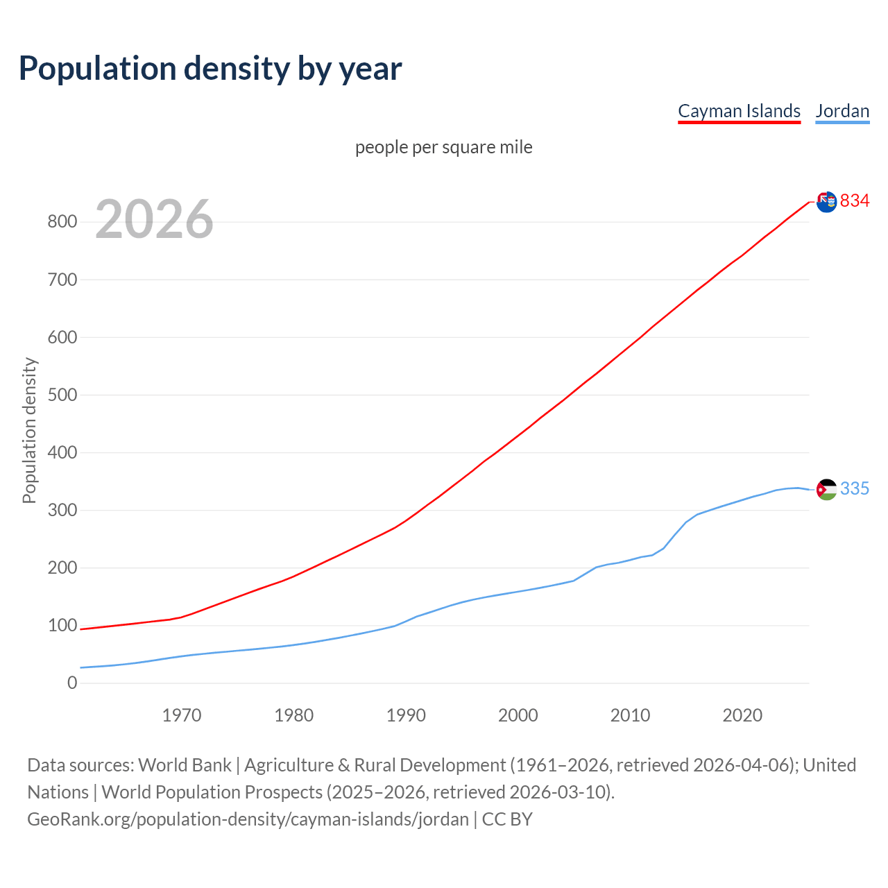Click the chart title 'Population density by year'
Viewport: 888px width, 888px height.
tap(210, 68)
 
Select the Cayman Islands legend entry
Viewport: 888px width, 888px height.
tap(739, 111)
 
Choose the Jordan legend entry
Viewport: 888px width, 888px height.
tap(842, 111)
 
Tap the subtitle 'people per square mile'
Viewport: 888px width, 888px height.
tap(444, 147)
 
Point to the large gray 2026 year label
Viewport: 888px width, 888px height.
tap(154, 219)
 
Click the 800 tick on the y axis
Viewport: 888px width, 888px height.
tap(62, 222)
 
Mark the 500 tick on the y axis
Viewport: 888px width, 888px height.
tap(62, 395)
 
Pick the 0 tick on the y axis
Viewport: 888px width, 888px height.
tap(72, 683)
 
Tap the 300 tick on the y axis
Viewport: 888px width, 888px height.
tap(62, 510)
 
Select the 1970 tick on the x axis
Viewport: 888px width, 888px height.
tap(182, 715)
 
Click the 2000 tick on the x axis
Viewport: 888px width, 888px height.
tap(518, 715)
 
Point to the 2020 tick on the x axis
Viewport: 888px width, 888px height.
tap(742, 715)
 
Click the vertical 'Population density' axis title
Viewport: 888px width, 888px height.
tap(29, 430)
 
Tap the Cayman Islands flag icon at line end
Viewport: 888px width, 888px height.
tap(826, 202)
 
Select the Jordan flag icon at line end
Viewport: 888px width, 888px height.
tap(826, 489)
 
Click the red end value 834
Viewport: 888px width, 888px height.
tap(855, 200)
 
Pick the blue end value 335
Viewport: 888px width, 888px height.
tap(855, 488)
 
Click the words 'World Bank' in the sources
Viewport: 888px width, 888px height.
tap(185, 765)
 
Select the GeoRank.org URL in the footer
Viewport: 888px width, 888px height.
tap(248, 819)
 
